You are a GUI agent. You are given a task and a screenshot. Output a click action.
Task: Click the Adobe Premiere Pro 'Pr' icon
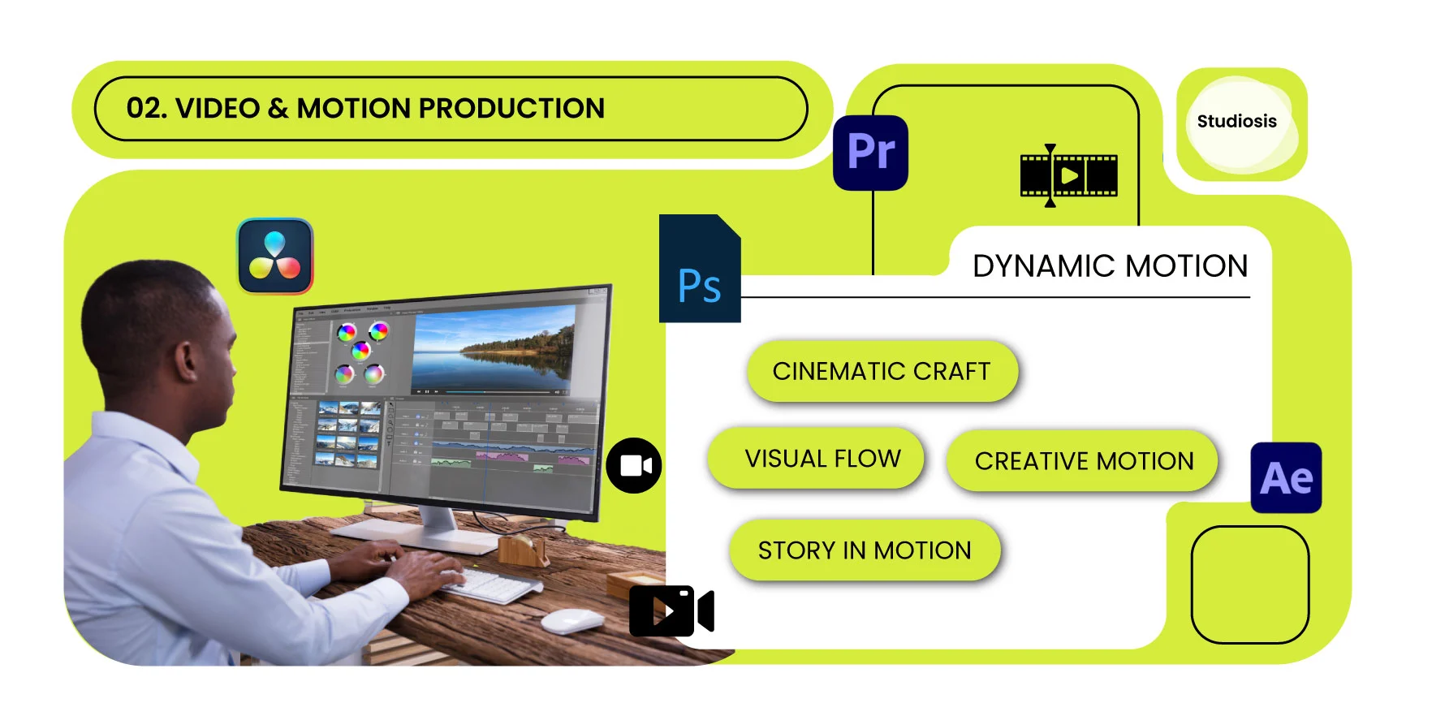(870, 153)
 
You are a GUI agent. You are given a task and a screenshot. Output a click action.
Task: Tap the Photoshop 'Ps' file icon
(699, 270)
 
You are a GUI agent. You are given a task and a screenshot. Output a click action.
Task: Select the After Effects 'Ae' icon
(1286, 478)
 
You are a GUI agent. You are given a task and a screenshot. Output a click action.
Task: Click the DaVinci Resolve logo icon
(275, 256)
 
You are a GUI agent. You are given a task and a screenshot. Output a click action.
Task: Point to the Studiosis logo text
(1236, 122)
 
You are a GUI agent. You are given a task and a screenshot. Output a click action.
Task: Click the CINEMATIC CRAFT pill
(882, 372)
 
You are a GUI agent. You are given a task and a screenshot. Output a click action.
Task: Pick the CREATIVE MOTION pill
(1083, 461)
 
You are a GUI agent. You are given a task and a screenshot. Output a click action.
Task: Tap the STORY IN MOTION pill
(865, 550)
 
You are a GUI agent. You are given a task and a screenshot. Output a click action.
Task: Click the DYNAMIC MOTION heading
(1110, 266)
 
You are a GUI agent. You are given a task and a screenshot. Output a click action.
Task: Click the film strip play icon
(1068, 175)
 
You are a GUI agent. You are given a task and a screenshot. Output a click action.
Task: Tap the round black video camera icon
(634, 466)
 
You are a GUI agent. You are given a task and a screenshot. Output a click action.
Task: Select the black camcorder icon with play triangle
(671, 611)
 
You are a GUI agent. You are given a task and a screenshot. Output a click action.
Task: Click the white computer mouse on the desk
(572, 621)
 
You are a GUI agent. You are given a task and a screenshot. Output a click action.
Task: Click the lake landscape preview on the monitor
(493, 351)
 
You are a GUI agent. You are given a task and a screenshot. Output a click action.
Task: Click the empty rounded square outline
(1249, 584)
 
